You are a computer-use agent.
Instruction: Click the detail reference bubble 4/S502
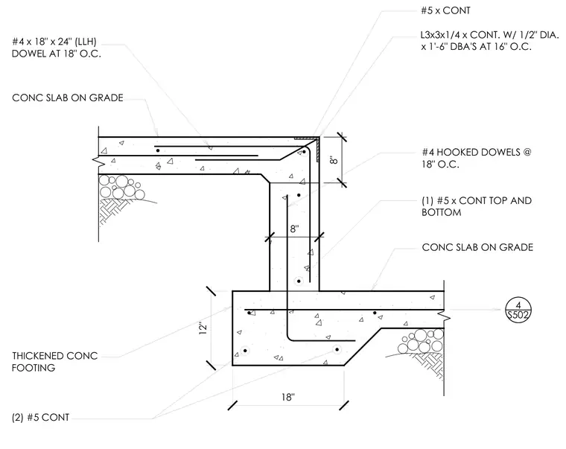pyautogui.click(x=518, y=310)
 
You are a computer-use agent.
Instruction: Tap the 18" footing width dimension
pyautogui.click(x=288, y=398)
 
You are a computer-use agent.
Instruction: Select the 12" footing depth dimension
pyautogui.click(x=203, y=328)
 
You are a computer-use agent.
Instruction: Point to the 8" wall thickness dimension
pyautogui.click(x=294, y=229)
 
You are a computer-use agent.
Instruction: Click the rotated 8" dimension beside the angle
pyautogui.click(x=334, y=160)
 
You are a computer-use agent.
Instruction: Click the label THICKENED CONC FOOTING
pyautogui.click(x=54, y=362)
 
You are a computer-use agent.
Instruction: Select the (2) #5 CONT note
pyautogui.click(x=40, y=418)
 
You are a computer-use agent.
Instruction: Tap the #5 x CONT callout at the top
pyautogui.click(x=446, y=10)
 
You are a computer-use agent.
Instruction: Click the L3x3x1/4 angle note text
pyautogui.click(x=490, y=41)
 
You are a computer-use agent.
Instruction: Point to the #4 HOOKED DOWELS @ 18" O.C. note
pyautogui.click(x=477, y=158)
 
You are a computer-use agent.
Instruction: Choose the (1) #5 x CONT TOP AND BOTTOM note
pyautogui.click(x=477, y=206)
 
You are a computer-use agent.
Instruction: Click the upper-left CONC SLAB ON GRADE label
pyautogui.click(x=68, y=98)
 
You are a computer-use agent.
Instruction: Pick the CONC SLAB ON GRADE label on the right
pyautogui.click(x=477, y=247)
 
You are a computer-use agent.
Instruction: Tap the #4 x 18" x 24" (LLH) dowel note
pyautogui.click(x=57, y=48)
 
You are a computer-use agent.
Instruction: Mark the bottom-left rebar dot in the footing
pyautogui.click(x=246, y=351)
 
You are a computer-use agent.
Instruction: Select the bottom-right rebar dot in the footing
pyautogui.click(x=337, y=349)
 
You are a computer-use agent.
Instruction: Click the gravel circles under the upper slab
pyautogui.click(x=121, y=188)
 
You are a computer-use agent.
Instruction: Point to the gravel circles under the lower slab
pyautogui.click(x=421, y=342)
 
